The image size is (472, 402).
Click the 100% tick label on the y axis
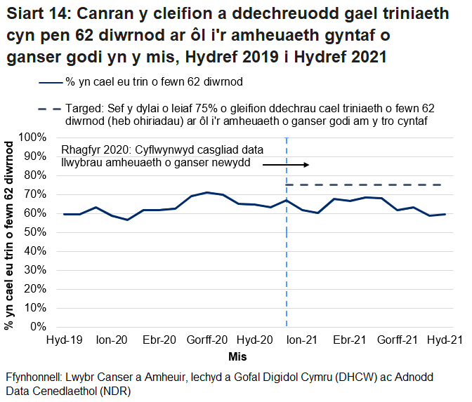(34, 137)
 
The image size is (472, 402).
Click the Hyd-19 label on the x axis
(64, 340)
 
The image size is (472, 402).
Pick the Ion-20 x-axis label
(112, 340)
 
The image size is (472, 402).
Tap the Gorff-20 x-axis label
(207, 340)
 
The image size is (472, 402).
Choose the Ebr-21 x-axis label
(350, 340)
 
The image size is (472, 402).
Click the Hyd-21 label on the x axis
(445, 340)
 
